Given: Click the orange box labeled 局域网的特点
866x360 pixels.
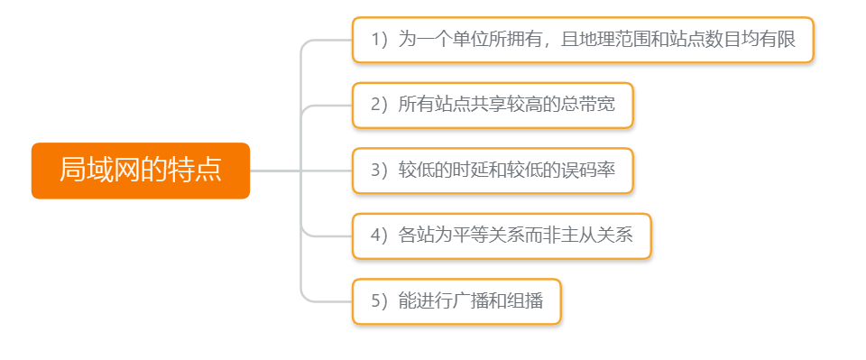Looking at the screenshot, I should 140,171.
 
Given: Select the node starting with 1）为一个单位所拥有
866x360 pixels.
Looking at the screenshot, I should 583,40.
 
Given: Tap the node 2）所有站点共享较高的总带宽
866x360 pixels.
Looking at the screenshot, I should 493,106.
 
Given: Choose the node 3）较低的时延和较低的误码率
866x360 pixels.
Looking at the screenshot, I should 493,171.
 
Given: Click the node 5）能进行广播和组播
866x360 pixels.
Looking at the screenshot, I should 456,301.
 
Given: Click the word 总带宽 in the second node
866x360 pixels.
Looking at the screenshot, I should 587,106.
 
